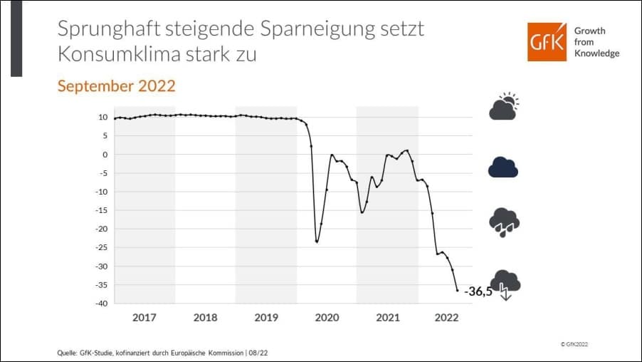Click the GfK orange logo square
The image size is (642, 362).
click(547, 41)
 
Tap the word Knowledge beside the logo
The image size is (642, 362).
click(596, 53)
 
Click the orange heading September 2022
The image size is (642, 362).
click(116, 86)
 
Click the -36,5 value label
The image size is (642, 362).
click(478, 291)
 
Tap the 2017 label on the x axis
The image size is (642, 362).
click(144, 317)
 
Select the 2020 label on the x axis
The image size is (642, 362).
click(327, 317)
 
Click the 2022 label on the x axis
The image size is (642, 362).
click(447, 317)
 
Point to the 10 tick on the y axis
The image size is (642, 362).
click(103, 117)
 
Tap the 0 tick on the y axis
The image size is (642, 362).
click(105, 154)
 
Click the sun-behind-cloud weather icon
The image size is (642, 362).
click(503, 107)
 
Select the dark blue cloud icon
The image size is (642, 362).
click(503, 167)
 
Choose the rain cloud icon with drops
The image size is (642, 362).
click(504, 222)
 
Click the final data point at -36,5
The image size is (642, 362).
click(457, 290)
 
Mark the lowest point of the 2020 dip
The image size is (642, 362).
click(317, 242)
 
